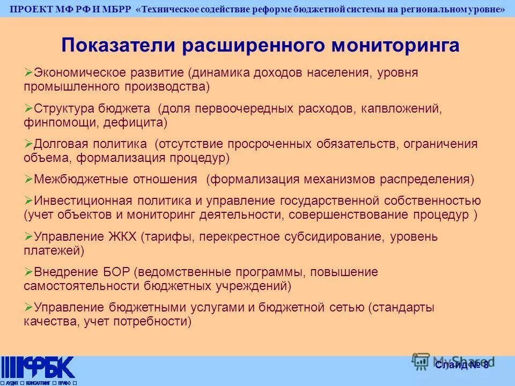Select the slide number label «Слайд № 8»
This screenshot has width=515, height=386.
click(x=462, y=365)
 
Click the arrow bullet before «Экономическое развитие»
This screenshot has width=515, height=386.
click(x=28, y=72)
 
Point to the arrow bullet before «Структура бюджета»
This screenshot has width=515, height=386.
click(x=28, y=108)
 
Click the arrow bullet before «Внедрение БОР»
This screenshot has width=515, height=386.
click(x=28, y=272)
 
